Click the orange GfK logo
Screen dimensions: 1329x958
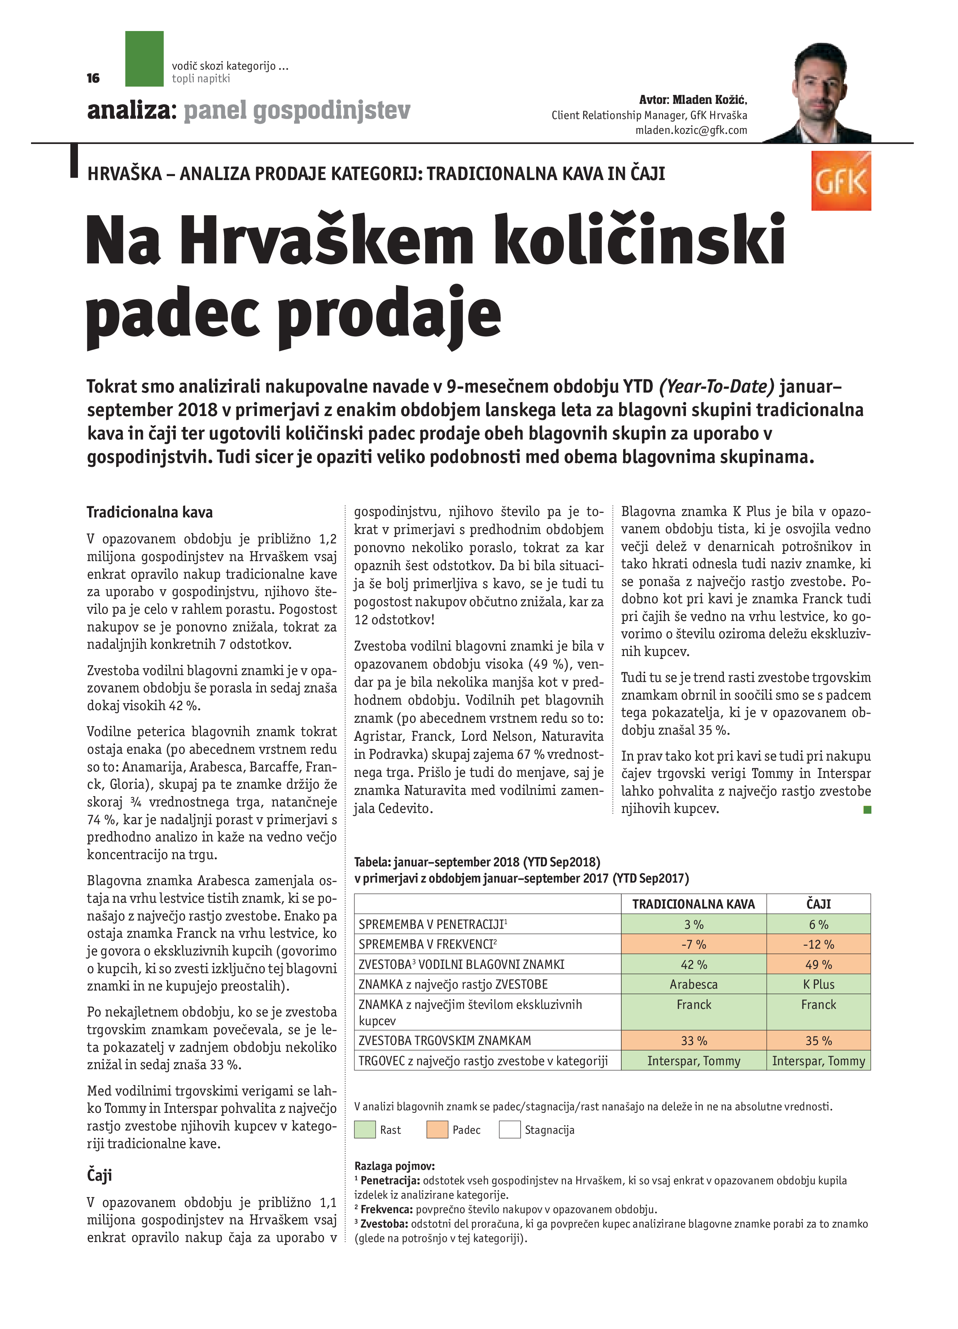[x=840, y=181]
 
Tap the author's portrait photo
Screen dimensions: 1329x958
[x=820, y=94]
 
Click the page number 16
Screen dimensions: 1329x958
[x=93, y=79]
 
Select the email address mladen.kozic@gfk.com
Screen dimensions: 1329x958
[x=691, y=131]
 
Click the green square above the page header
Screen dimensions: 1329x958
[x=144, y=58]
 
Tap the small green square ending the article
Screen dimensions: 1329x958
[x=867, y=810]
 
